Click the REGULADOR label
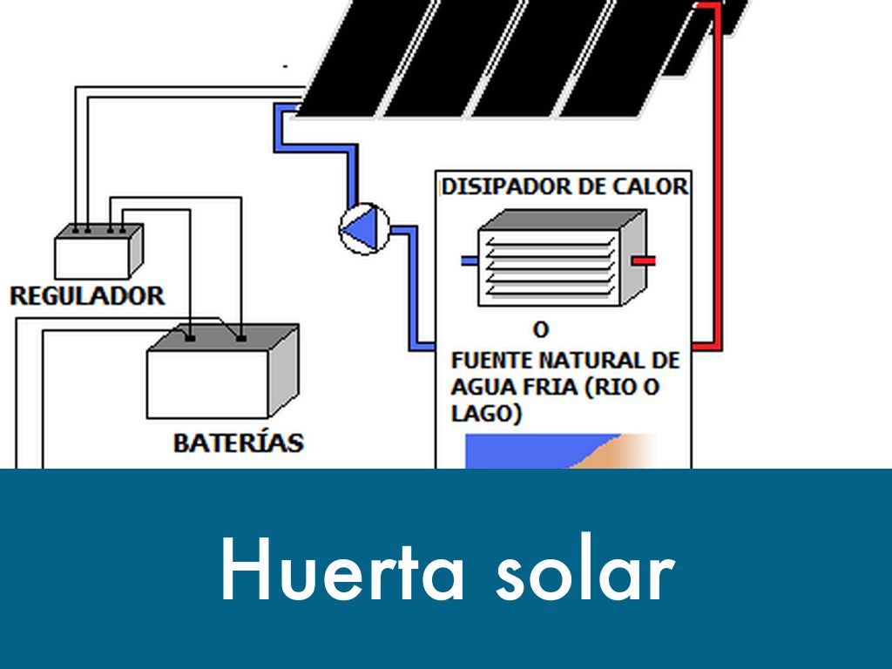click(x=86, y=295)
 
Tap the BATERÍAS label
click(x=238, y=443)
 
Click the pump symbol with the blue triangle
click(x=362, y=229)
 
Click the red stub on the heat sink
click(x=644, y=260)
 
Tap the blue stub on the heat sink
click(x=469, y=260)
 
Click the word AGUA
click(x=479, y=388)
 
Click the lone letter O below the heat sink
click(x=541, y=331)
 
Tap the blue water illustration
click(x=523, y=451)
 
